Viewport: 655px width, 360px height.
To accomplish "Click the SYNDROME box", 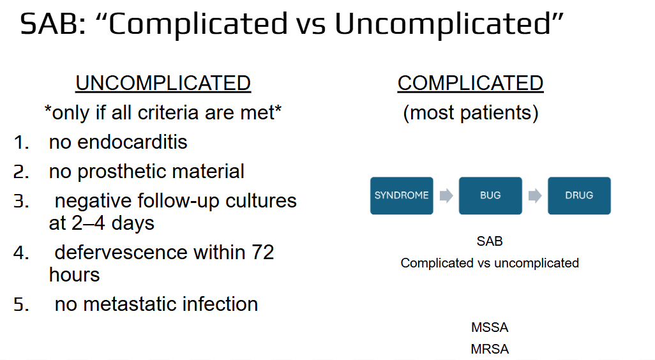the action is point(402,195).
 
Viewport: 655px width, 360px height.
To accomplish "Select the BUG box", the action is point(490,195).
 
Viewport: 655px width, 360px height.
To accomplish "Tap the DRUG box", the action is point(579,195).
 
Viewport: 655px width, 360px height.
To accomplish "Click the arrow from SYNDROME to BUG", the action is point(446,195).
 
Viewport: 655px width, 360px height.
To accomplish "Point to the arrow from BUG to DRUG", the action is point(535,195).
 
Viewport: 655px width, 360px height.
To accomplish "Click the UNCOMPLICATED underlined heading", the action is point(163,83).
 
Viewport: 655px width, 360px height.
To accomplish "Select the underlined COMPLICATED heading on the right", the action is point(471,83).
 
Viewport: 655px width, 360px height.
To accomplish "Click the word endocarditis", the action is point(132,142).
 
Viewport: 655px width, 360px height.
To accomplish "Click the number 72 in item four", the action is point(262,252).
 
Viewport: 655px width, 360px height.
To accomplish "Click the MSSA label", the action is point(490,327).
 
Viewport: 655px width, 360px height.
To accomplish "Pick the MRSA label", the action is point(490,349).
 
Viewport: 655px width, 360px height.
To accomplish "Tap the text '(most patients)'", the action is point(471,113).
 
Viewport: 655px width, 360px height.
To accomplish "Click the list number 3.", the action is point(21,201).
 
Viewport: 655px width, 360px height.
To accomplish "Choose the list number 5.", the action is point(21,304).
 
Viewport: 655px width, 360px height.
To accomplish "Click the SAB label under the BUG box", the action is point(490,241).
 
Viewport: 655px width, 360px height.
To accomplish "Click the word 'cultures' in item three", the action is point(261,201).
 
